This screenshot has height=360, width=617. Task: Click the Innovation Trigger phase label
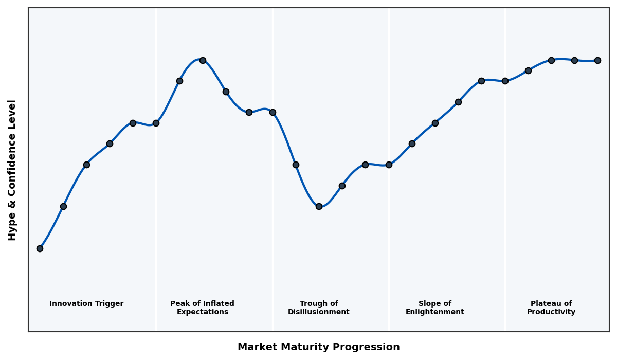pyautogui.click(x=86, y=304)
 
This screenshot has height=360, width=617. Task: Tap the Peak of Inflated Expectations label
pyautogui.click(x=202, y=308)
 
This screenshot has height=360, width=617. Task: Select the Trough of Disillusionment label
pyautogui.click(x=318, y=308)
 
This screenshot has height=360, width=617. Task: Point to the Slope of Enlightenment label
pyautogui.click(x=434, y=308)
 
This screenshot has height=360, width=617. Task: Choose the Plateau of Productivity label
pyautogui.click(x=551, y=308)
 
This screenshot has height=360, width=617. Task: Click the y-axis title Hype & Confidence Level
pyautogui.click(x=12, y=170)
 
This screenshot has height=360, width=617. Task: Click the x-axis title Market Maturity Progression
pyautogui.click(x=318, y=347)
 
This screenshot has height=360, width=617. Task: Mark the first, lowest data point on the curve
pyautogui.click(x=40, y=248)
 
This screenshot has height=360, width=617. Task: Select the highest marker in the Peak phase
pyautogui.click(x=203, y=60)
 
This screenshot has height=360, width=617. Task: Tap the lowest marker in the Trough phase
pyautogui.click(x=319, y=206)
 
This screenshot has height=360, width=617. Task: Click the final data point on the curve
pyautogui.click(x=597, y=60)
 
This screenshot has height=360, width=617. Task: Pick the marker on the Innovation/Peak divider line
pyautogui.click(x=156, y=123)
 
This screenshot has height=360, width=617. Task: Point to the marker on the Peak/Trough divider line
pyautogui.click(x=273, y=112)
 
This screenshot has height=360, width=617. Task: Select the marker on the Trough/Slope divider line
pyautogui.click(x=389, y=165)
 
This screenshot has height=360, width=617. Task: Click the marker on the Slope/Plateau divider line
pyautogui.click(x=505, y=81)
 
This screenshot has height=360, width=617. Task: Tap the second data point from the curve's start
pyautogui.click(x=63, y=206)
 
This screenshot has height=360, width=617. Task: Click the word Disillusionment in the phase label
pyautogui.click(x=318, y=312)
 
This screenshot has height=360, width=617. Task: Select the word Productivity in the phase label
pyautogui.click(x=551, y=312)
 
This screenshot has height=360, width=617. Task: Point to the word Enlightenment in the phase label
pyautogui.click(x=434, y=312)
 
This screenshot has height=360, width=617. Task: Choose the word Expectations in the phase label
pyautogui.click(x=202, y=312)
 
